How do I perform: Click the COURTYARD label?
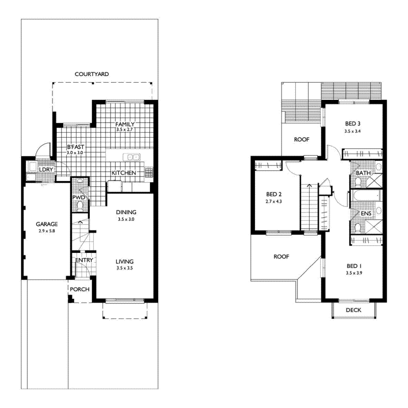(x=92, y=74)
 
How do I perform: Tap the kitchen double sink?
(x=132, y=157)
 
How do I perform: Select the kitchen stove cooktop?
(x=149, y=172)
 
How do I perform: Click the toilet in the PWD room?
(x=80, y=206)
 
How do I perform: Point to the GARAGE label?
(x=47, y=224)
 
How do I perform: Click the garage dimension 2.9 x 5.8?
(x=47, y=231)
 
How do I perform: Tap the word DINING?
(x=126, y=212)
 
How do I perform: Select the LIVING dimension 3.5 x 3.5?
(x=124, y=268)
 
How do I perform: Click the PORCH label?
(x=80, y=289)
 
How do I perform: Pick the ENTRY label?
(x=84, y=260)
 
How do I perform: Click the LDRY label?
(x=46, y=170)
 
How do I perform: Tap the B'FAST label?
(x=75, y=147)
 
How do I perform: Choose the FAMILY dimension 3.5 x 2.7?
(x=124, y=130)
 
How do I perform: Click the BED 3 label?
(x=353, y=124)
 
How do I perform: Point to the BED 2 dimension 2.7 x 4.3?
(x=274, y=201)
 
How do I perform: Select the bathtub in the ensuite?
(x=366, y=196)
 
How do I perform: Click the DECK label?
(x=353, y=310)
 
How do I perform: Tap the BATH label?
(x=363, y=173)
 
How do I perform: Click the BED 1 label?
(x=354, y=266)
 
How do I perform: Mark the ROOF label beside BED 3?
(x=301, y=139)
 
